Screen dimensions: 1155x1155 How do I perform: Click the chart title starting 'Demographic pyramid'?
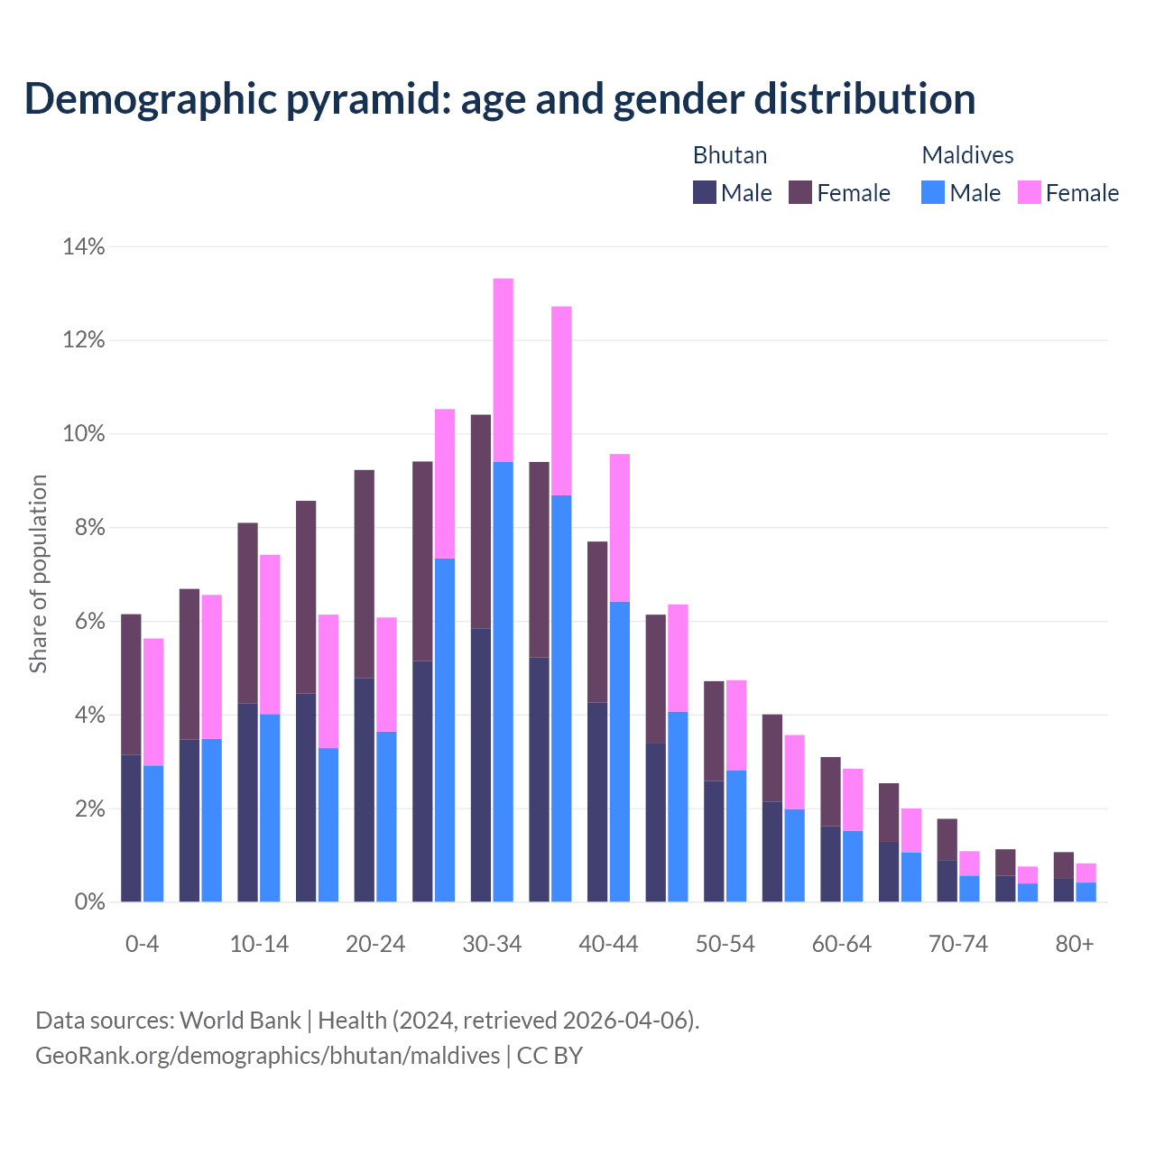tap(500, 98)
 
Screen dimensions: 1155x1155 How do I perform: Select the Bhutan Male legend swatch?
tap(705, 192)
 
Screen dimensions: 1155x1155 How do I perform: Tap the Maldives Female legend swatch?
tap(1029, 192)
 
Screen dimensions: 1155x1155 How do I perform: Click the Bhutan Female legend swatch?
tap(800, 192)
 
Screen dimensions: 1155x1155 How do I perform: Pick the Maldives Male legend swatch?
tap(933, 192)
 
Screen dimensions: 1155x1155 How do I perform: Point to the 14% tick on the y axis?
tap(84, 246)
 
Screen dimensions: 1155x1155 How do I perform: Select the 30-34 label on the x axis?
tap(492, 944)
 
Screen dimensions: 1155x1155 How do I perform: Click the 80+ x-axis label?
tap(1075, 944)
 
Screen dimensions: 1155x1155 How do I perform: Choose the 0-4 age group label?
tap(142, 944)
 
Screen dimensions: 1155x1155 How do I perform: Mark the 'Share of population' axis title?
tap(38, 574)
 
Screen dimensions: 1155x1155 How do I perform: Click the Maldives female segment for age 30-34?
tap(504, 370)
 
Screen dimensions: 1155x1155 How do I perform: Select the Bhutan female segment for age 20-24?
tap(364, 574)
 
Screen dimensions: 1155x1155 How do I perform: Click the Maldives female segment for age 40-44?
tap(620, 528)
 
